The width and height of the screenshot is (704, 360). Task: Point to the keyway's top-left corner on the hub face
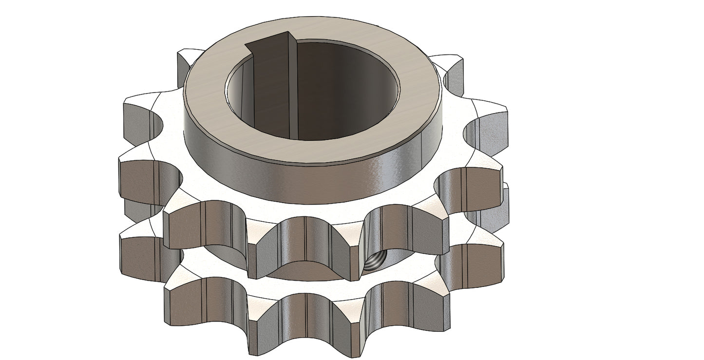[247, 45]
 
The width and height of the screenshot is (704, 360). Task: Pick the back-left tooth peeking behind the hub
[187, 61]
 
